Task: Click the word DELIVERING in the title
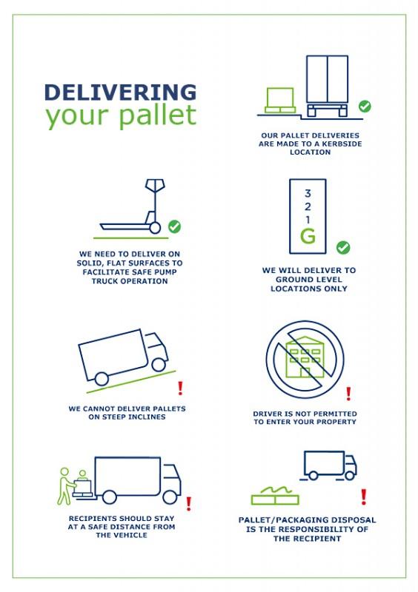(x=120, y=92)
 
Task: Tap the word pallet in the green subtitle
(x=158, y=115)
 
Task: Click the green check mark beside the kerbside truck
(x=365, y=107)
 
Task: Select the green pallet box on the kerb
(x=280, y=101)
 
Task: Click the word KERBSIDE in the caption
(x=342, y=144)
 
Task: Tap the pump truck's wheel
(x=155, y=228)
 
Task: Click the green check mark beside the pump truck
(x=174, y=226)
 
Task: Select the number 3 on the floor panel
(x=308, y=193)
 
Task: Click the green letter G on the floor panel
(x=308, y=236)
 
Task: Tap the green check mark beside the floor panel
(x=343, y=248)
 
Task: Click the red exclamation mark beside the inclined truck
(x=180, y=388)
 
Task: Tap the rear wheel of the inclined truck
(x=102, y=379)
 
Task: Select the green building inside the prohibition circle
(x=303, y=357)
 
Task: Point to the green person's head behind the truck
(x=64, y=472)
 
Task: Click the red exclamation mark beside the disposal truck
(x=364, y=497)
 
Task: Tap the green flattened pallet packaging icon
(x=275, y=496)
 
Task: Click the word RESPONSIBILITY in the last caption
(x=306, y=529)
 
